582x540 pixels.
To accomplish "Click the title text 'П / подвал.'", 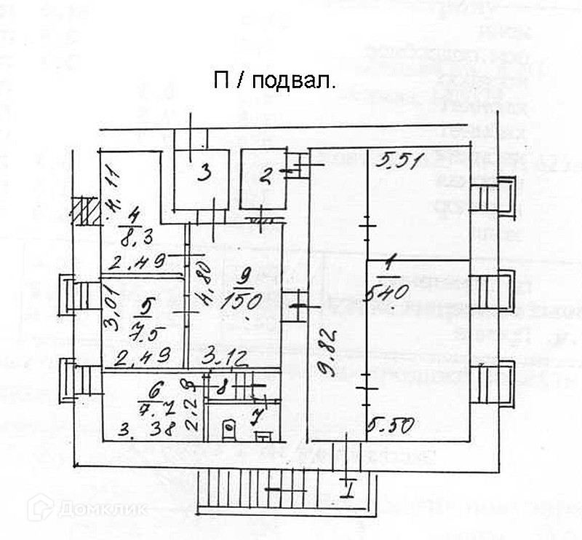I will point(274,81).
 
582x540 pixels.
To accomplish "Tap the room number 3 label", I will point(205,173).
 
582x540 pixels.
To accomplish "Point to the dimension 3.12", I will point(226,357).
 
